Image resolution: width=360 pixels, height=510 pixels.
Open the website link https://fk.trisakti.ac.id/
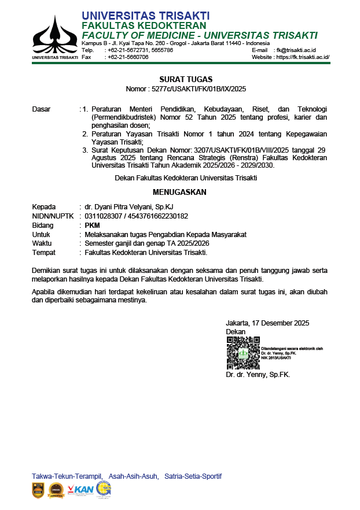tap(303, 57)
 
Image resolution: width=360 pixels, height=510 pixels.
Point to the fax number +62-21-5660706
tap(128, 57)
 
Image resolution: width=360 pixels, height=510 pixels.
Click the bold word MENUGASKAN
tap(179, 192)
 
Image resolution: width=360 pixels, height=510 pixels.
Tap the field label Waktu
tap(42, 244)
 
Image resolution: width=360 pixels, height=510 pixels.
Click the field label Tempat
tap(43, 253)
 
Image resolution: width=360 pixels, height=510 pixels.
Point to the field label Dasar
tap(41, 109)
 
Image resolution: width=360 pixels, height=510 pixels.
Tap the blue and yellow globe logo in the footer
tap(104, 489)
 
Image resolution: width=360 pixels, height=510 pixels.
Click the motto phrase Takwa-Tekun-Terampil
tap(67, 476)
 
